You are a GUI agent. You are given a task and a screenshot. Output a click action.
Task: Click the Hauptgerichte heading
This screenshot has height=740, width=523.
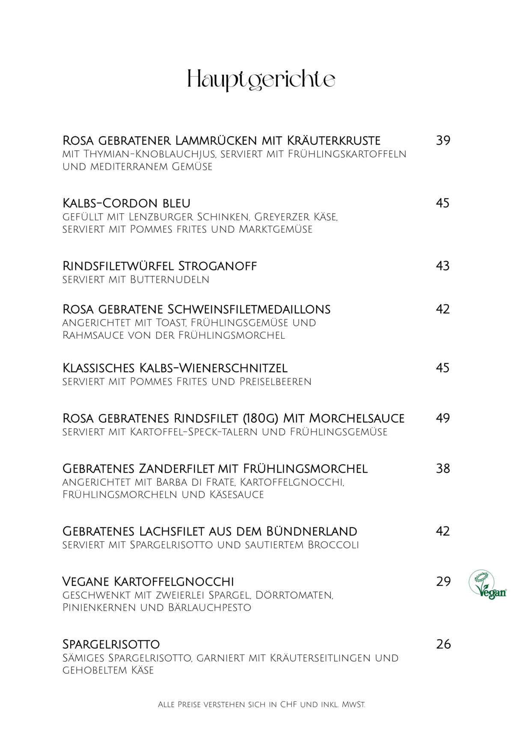pyautogui.click(x=261, y=80)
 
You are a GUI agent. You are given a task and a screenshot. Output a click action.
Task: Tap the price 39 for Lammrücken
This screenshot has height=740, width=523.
pyautogui.click(x=443, y=140)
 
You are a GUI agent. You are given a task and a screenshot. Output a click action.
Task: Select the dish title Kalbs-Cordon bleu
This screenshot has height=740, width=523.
pyautogui.click(x=126, y=203)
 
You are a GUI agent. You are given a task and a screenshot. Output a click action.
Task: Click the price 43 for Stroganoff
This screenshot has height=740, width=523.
pyautogui.click(x=443, y=266)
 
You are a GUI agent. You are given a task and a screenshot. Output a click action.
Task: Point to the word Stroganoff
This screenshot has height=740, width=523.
pyautogui.click(x=217, y=266)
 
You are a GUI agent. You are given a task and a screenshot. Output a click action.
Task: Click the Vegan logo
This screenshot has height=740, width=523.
pyautogui.click(x=487, y=585)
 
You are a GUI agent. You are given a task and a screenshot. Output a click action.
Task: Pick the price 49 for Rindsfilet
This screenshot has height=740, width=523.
pyautogui.click(x=443, y=418)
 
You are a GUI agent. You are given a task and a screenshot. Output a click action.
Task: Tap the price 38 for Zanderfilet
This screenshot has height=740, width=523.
pyautogui.click(x=443, y=468)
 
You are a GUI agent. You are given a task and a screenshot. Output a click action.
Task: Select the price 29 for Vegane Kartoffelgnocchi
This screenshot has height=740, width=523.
pyautogui.click(x=443, y=582)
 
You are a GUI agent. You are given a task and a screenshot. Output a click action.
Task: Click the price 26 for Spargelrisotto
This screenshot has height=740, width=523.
pyautogui.click(x=443, y=644)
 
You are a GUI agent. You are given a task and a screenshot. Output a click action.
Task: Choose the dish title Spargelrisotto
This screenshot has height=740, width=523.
pyautogui.click(x=111, y=644)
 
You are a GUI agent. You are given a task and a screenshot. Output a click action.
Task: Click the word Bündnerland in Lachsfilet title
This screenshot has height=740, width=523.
pyautogui.click(x=312, y=531)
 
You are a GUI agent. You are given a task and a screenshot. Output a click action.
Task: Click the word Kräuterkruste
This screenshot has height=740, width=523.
pyautogui.click(x=333, y=140)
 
